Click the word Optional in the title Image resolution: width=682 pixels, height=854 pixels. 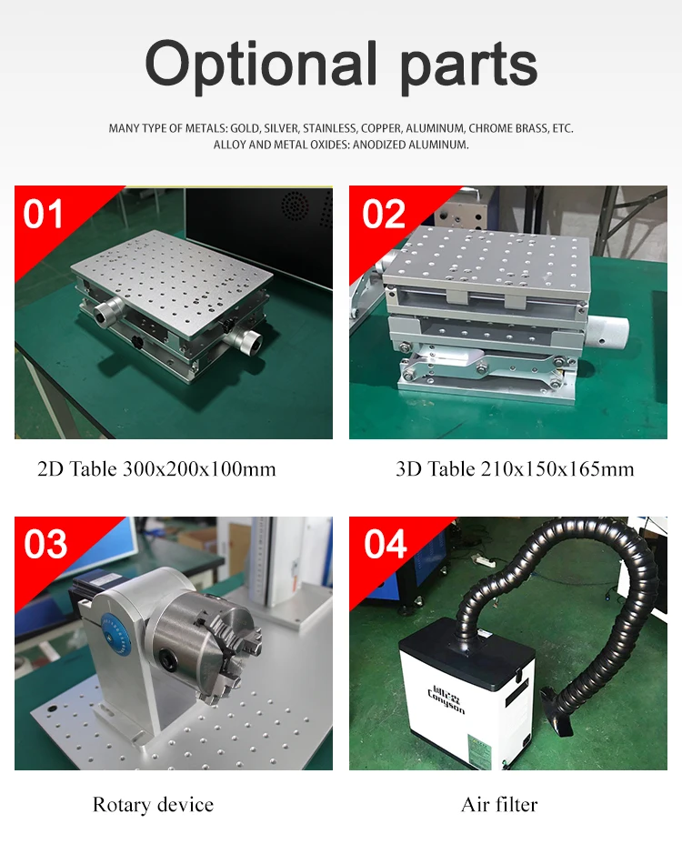pyautogui.click(x=262, y=65)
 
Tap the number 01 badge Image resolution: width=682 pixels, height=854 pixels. pyautogui.click(x=45, y=215)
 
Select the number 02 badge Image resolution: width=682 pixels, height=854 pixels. pyautogui.click(x=383, y=215)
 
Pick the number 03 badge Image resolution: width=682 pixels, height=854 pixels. pyautogui.click(x=45, y=545)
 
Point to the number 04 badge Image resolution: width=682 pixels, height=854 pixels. pyautogui.click(x=385, y=545)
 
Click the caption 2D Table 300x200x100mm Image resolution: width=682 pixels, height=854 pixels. pyautogui.click(x=156, y=469)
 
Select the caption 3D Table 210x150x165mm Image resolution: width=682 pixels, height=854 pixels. pyautogui.click(x=515, y=469)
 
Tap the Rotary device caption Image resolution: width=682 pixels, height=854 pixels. pyautogui.click(x=153, y=805)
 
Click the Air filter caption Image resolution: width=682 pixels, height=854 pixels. pyautogui.click(x=499, y=805)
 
